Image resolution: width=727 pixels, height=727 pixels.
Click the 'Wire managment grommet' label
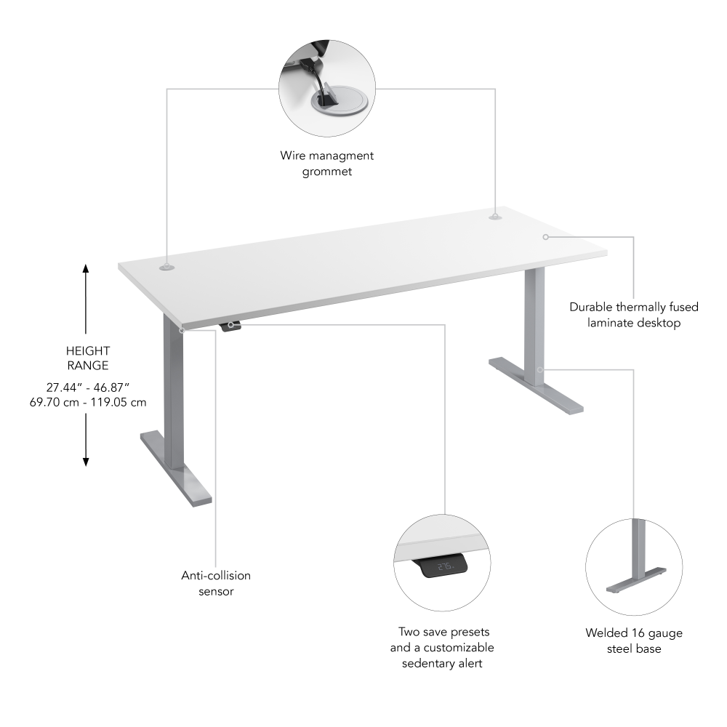pyautogui.click(x=327, y=164)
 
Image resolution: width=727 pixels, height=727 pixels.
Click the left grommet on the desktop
pyautogui.click(x=167, y=268)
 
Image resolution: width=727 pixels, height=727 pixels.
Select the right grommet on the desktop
pyautogui.click(x=495, y=216)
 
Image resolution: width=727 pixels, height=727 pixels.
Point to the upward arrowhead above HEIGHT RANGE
pyautogui.click(x=86, y=269)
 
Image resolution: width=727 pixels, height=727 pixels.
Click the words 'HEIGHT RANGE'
pyautogui.click(x=87, y=358)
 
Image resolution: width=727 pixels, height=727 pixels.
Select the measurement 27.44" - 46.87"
pyautogui.click(x=87, y=387)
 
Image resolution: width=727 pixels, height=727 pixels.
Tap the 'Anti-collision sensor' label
pyautogui.click(x=216, y=583)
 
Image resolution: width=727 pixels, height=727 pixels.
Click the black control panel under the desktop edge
pyautogui.click(x=230, y=326)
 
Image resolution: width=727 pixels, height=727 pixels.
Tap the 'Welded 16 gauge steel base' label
pyautogui.click(x=634, y=640)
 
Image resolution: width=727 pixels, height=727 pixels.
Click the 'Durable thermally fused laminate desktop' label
pyautogui.click(x=634, y=315)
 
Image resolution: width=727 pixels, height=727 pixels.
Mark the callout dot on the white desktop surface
pyautogui.click(x=545, y=236)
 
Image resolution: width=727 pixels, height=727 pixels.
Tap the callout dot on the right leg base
pyautogui.click(x=539, y=370)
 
